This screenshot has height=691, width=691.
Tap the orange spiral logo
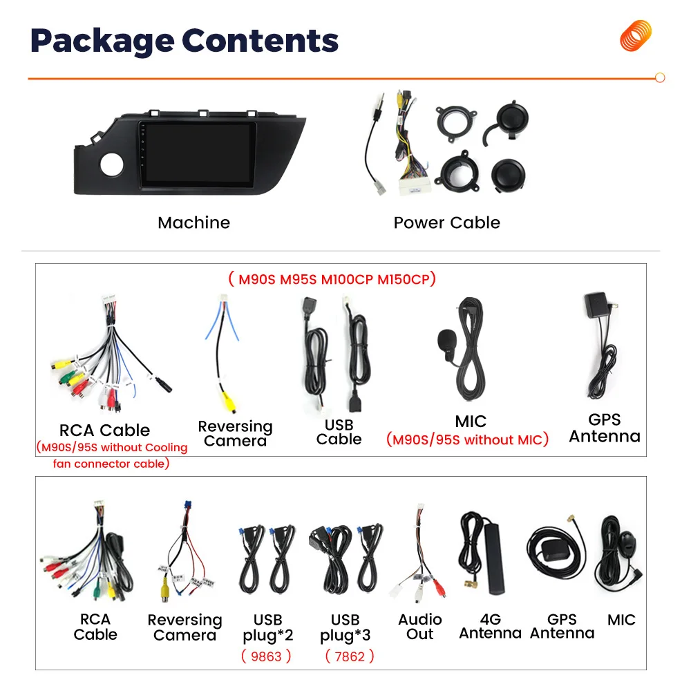click(x=635, y=35)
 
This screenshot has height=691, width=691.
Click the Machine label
click(x=193, y=223)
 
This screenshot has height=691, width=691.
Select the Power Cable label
click(x=446, y=223)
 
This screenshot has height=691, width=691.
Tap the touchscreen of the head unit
click(x=196, y=153)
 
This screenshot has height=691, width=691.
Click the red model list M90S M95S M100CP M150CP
click(x=332, y=280)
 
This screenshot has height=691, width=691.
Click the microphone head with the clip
click(x=446, y=339)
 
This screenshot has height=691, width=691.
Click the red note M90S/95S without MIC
click(x=467, y=439)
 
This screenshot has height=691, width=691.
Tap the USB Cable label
click(x=339, y=432)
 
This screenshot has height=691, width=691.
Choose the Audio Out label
click(x=419, y=627)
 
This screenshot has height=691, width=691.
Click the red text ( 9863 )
click(x=266, y=656)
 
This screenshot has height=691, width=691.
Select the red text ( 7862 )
click(x=349, y=656)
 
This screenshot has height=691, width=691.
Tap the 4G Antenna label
click(x=490, y=627)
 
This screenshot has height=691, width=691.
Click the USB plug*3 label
click(x=345, y=627)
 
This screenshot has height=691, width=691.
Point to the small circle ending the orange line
click(x=659, y=78)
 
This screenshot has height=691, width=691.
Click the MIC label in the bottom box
click(x=621, y=620)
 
